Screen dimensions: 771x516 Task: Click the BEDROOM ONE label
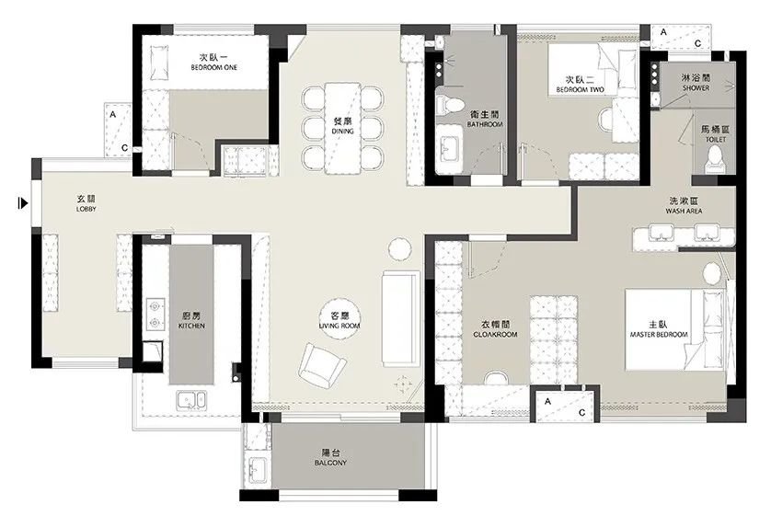tap(213, 67)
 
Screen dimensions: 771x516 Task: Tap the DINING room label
tap(343, 132)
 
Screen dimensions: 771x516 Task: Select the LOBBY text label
tap(86, 209)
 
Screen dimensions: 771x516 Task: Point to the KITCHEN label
tap(191, 326)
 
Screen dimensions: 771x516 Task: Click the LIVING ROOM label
tap(339, 326)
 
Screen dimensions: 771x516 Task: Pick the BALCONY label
tap(330, 463)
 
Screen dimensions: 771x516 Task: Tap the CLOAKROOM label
tap(495, 335)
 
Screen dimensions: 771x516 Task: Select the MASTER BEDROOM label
tap(659, 335)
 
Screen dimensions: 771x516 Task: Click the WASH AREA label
tap(684, 211)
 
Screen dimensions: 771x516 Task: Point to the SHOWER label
tap(696, 88)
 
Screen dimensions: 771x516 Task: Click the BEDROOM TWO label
tap(580, 90)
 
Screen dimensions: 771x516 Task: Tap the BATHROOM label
tap(485, 125)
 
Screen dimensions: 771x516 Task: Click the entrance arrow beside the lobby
tap(23, 202)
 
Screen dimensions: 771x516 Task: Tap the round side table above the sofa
tap(399, 249)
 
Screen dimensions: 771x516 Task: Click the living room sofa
tap(401, 318)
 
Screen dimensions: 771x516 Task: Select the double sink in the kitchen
tap(191, 400)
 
